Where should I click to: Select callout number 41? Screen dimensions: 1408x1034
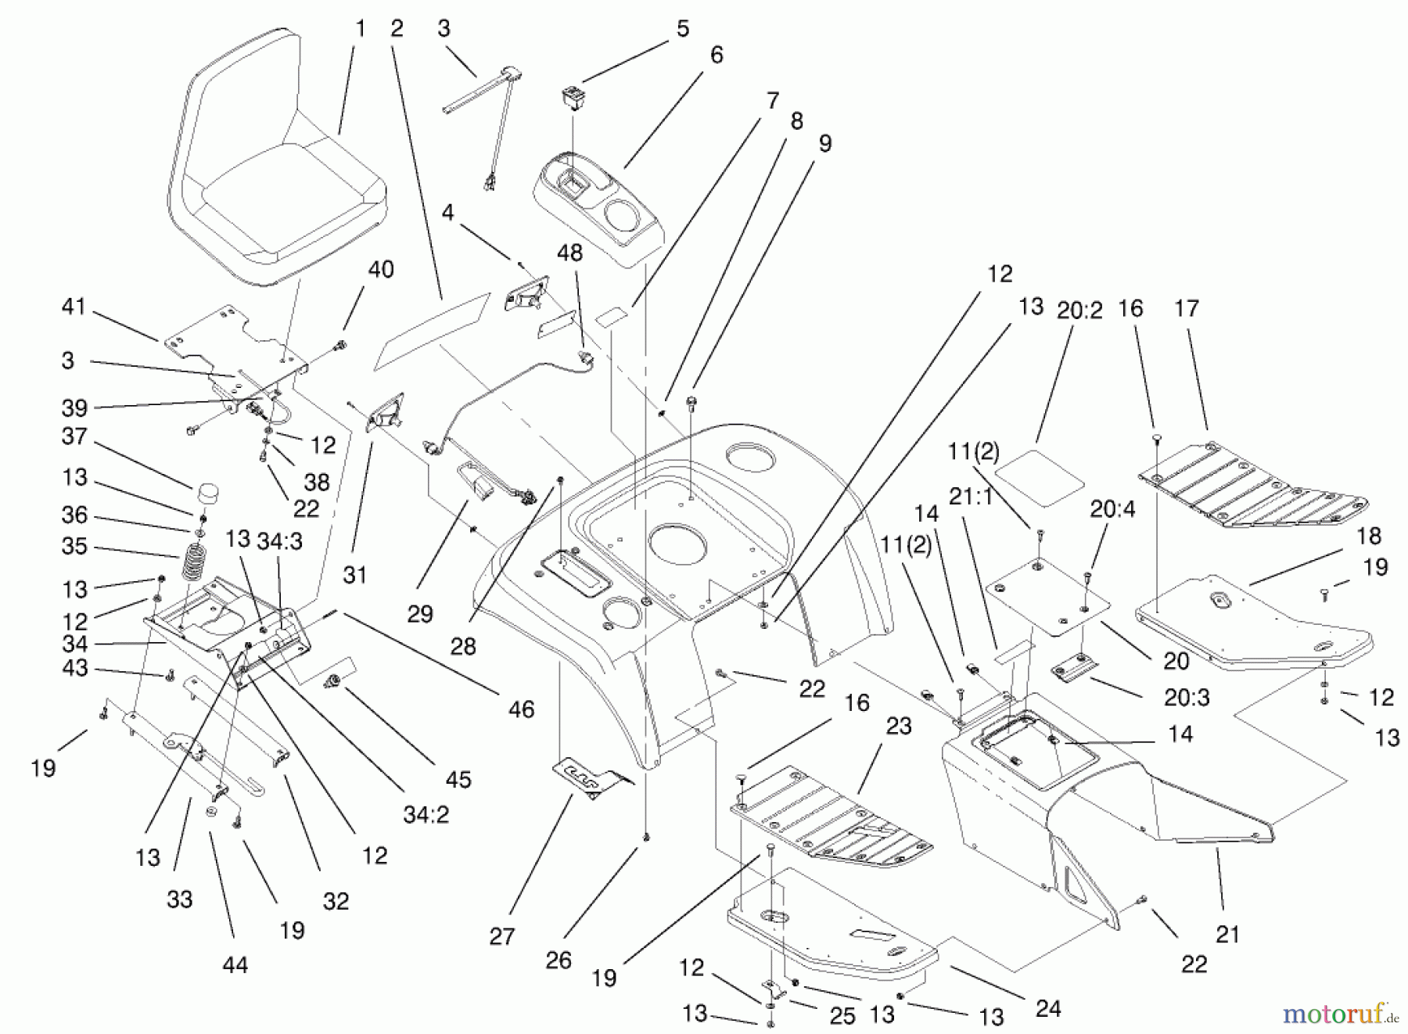pyautogui.click(x=74, y=307)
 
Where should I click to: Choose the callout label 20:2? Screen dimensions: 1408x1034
pyautogui.click(x=1079, y=311)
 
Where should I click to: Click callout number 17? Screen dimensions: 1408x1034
pyautogui.click(x=1187, y=308)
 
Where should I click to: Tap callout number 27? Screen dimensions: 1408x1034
pyautogui.click(x=502, y=936)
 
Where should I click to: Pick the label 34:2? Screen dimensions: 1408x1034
pyautogui.click(x=426, y=814)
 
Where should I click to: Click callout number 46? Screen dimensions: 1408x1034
pyautogui.click(x=521, y=709)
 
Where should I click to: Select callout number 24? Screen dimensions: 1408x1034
pyautogui.click(x=1047, y=1008)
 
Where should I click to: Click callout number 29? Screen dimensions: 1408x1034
pyautogui.click(x=420, y=614)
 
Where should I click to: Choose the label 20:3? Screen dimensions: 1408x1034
pyautogui.click(x=1187, y=697)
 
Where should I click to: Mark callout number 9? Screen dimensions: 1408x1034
pyautogui.click(x=825, y=143)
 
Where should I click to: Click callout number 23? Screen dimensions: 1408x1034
pyautogui.click(x=899, y=726)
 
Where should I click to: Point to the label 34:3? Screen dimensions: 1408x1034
pyautogui.click(x=280, y=541)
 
